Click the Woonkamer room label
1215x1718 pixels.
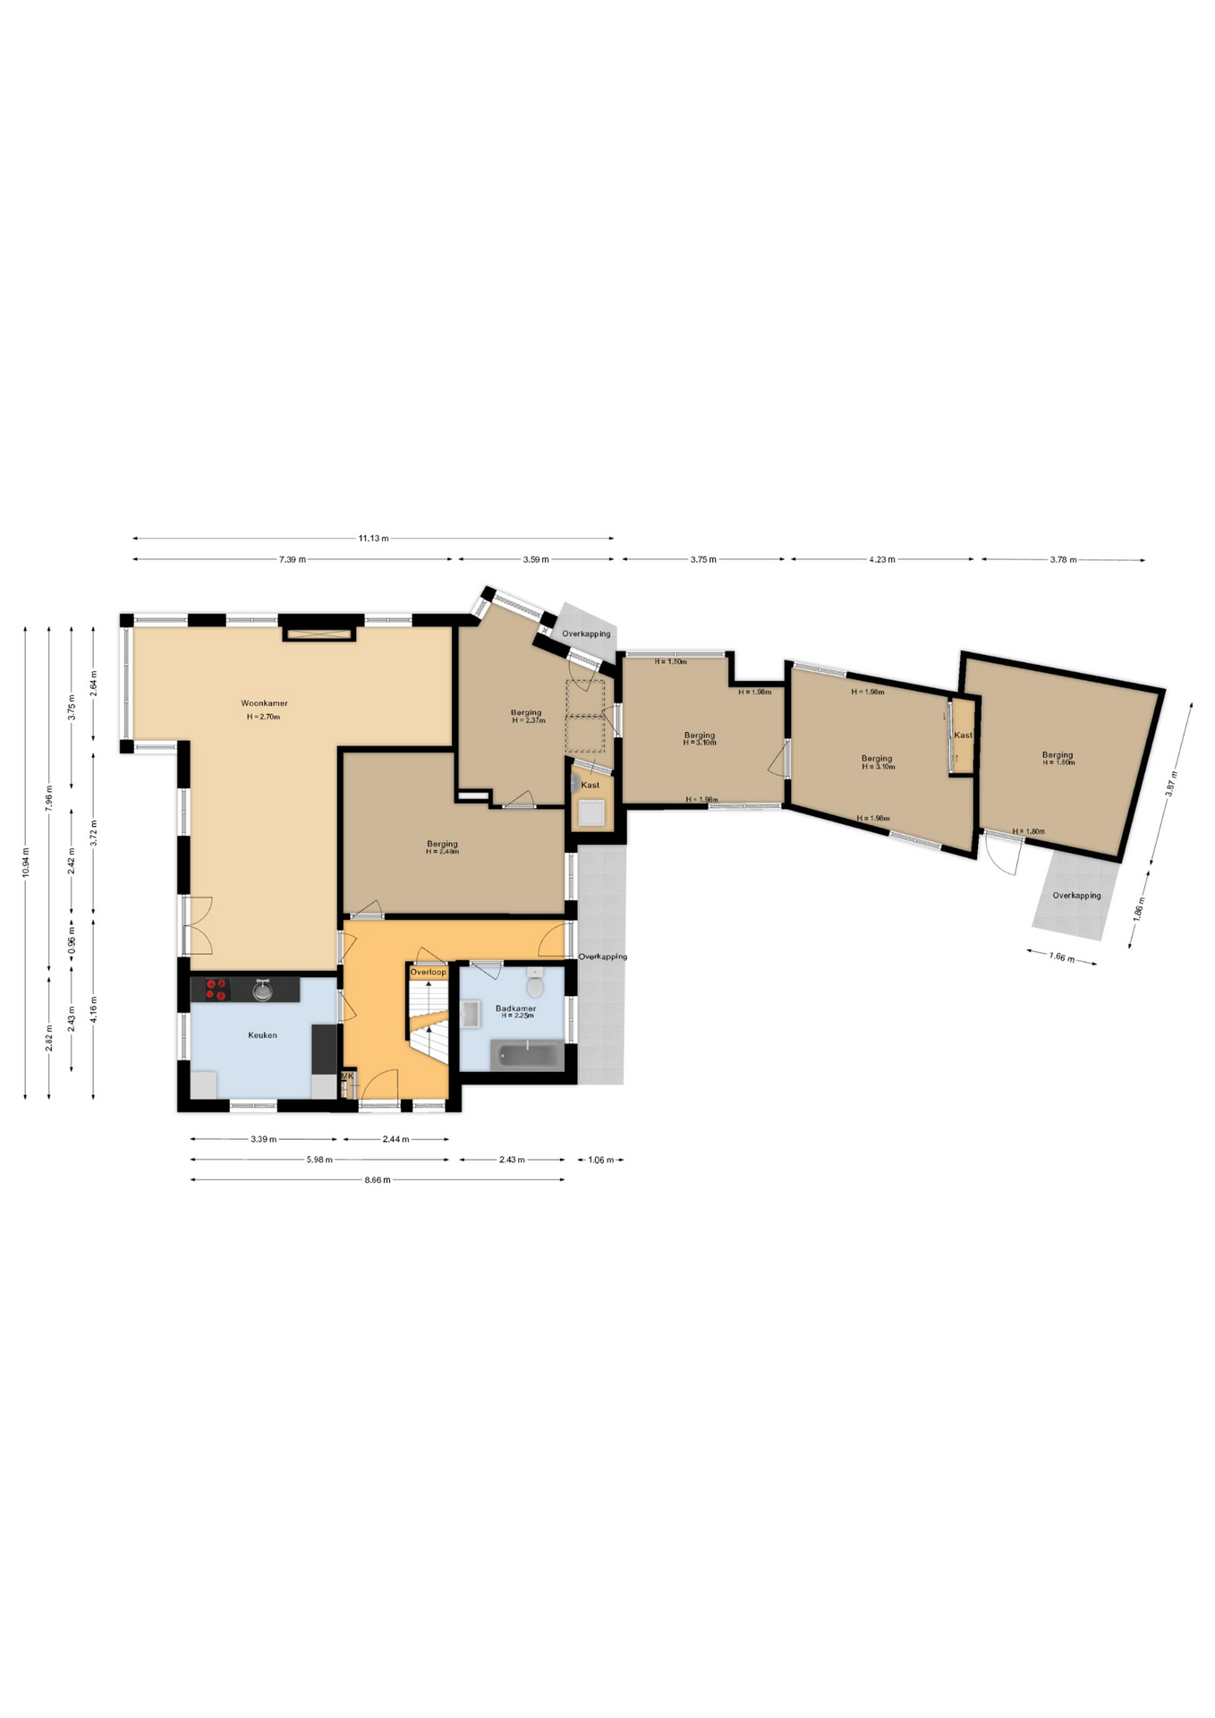[264, 703]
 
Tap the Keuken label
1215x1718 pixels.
[262, 1035]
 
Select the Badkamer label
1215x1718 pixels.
[516, 1008]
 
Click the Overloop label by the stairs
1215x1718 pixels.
[428, 972]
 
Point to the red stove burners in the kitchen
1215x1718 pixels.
[216, 989]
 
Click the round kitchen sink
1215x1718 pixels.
[262, 990]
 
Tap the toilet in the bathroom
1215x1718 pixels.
[535, 987]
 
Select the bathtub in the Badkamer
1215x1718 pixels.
[527, 1055]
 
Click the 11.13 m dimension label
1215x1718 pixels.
[373, 539]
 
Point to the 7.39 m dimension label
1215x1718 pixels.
[292, 559]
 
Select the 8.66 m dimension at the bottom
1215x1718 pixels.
[378, 1179]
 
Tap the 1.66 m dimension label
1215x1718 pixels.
[1061, 957]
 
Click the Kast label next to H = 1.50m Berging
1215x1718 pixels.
[963, 736]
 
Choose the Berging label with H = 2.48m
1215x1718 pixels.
[442, 844]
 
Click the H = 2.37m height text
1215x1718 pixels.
[529, 720]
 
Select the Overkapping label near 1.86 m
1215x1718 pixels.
[1076, 896]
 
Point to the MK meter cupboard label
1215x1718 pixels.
[347, 1076]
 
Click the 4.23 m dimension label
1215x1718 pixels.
[881, 560]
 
